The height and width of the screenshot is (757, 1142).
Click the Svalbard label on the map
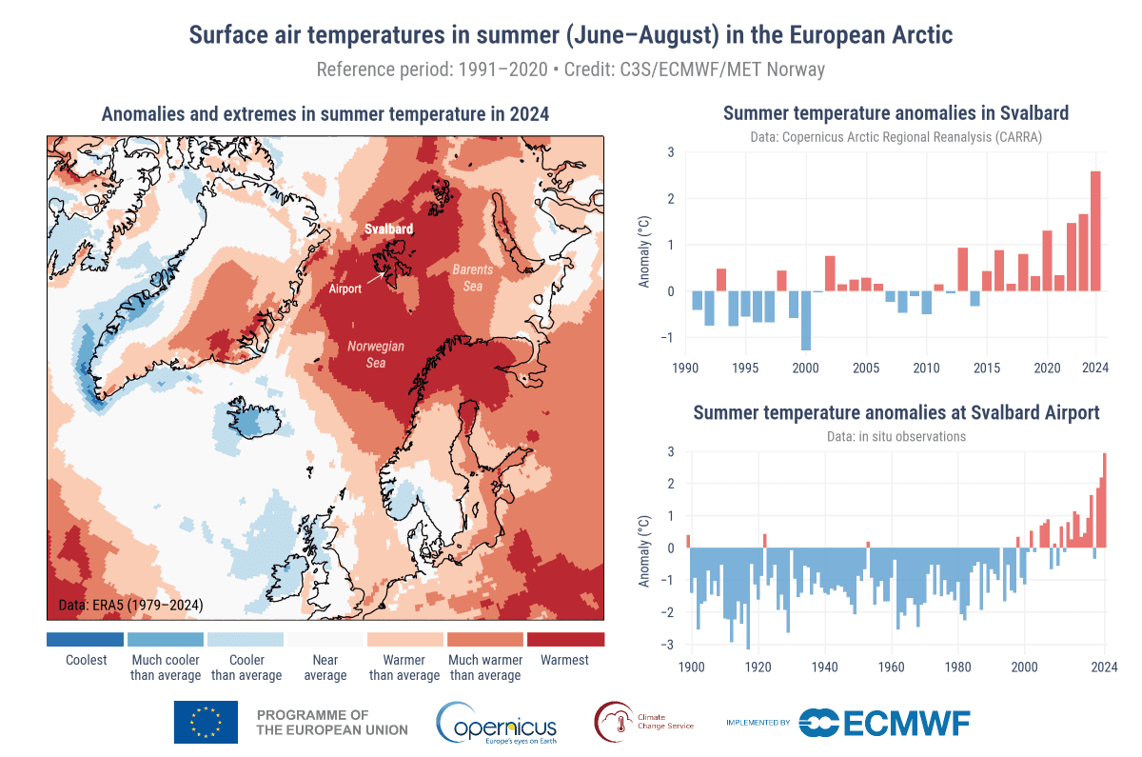389,229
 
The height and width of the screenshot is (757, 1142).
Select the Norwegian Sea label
376,353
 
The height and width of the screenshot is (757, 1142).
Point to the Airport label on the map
345,289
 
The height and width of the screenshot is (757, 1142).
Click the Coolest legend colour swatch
86,639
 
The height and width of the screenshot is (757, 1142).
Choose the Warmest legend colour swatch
565,639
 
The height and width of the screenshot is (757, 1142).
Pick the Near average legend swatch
325,639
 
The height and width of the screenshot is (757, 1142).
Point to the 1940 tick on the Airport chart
824,666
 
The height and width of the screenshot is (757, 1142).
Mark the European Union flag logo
206,722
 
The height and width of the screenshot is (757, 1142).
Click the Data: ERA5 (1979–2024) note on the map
125,605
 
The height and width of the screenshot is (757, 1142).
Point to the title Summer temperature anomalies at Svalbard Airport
896,412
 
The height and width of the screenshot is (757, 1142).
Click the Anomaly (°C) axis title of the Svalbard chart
644,253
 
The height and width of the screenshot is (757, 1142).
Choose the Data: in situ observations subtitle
896,436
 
